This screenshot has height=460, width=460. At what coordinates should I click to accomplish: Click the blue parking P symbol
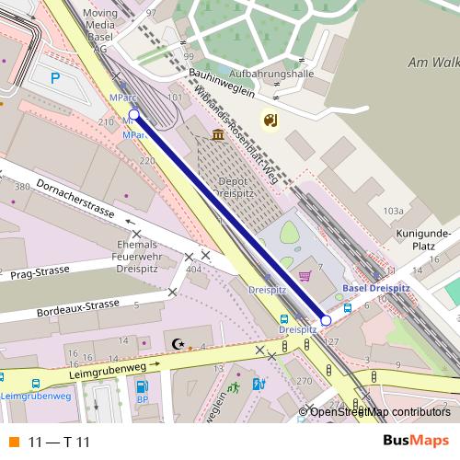coord(55,78)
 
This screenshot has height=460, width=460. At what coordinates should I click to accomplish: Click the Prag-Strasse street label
coord(41,274)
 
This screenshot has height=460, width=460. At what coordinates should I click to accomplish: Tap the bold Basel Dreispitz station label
coord(375,288)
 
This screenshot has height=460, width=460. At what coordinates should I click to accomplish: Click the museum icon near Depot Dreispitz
coord(218,135)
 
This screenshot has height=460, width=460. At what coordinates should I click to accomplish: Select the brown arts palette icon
coord(270,121)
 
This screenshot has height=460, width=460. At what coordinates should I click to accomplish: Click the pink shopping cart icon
coord(305,275)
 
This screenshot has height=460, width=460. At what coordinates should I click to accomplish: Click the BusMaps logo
coord(415,441)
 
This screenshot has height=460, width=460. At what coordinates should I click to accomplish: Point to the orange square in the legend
coord(13,442)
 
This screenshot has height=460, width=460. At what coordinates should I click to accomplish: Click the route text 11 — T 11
coord(59,442)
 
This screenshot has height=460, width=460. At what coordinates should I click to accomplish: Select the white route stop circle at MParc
coord(134,115)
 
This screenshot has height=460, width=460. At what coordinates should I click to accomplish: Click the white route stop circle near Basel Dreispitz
coord(326,320)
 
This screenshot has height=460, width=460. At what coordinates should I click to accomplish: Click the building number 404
coord(193,270)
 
